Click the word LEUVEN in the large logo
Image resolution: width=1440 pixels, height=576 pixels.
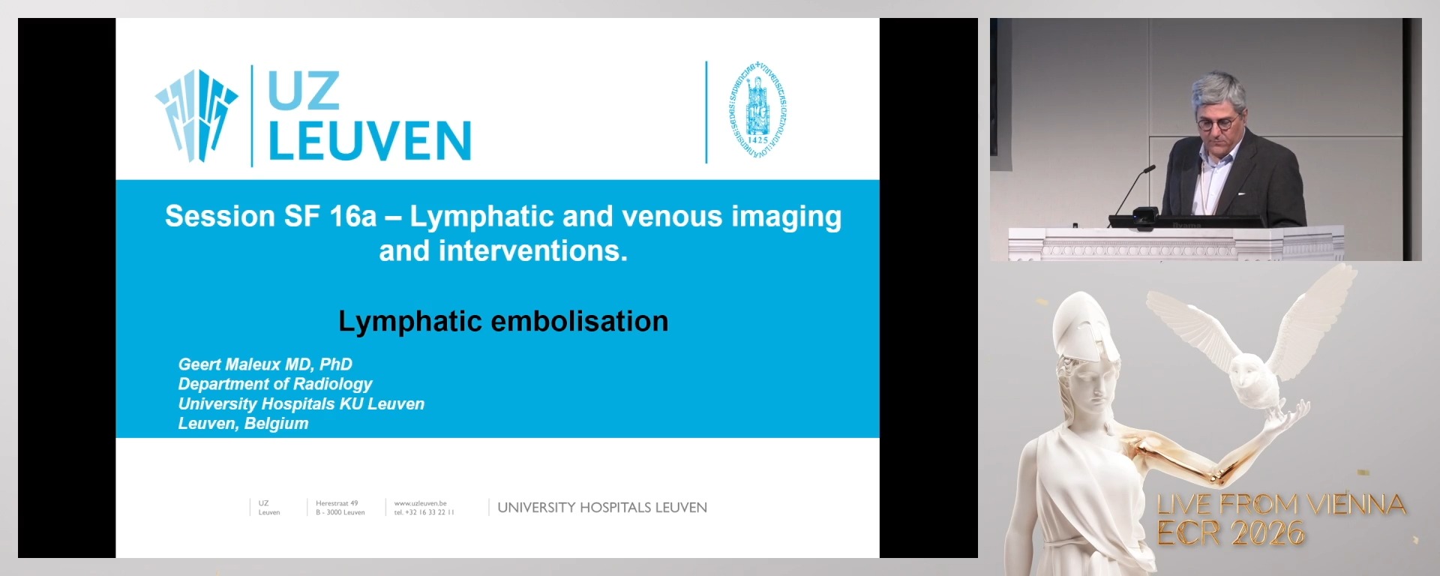[369, 141]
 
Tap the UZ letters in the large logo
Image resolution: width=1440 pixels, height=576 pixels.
[304, 91]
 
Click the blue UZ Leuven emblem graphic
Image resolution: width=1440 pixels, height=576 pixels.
[196, 114]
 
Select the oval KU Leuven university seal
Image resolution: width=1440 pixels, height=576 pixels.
[757, 111]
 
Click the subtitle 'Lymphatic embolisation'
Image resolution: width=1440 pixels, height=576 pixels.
[503, 321]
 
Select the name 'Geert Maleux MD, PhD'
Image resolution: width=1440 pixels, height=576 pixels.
[265, 364]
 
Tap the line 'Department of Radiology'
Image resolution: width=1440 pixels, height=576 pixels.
[274, 384]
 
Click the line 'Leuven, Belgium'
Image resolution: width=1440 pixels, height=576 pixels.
[243, 424]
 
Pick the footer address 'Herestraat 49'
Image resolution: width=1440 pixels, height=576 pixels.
[337, 503]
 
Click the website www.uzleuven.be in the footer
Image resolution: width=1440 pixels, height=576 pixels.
[420, 503]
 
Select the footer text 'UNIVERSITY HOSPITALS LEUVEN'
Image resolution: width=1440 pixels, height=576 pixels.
[601, 508]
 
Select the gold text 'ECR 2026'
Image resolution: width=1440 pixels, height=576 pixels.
[1230, 534]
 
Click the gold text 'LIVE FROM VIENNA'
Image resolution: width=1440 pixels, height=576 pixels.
[1281, 505]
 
